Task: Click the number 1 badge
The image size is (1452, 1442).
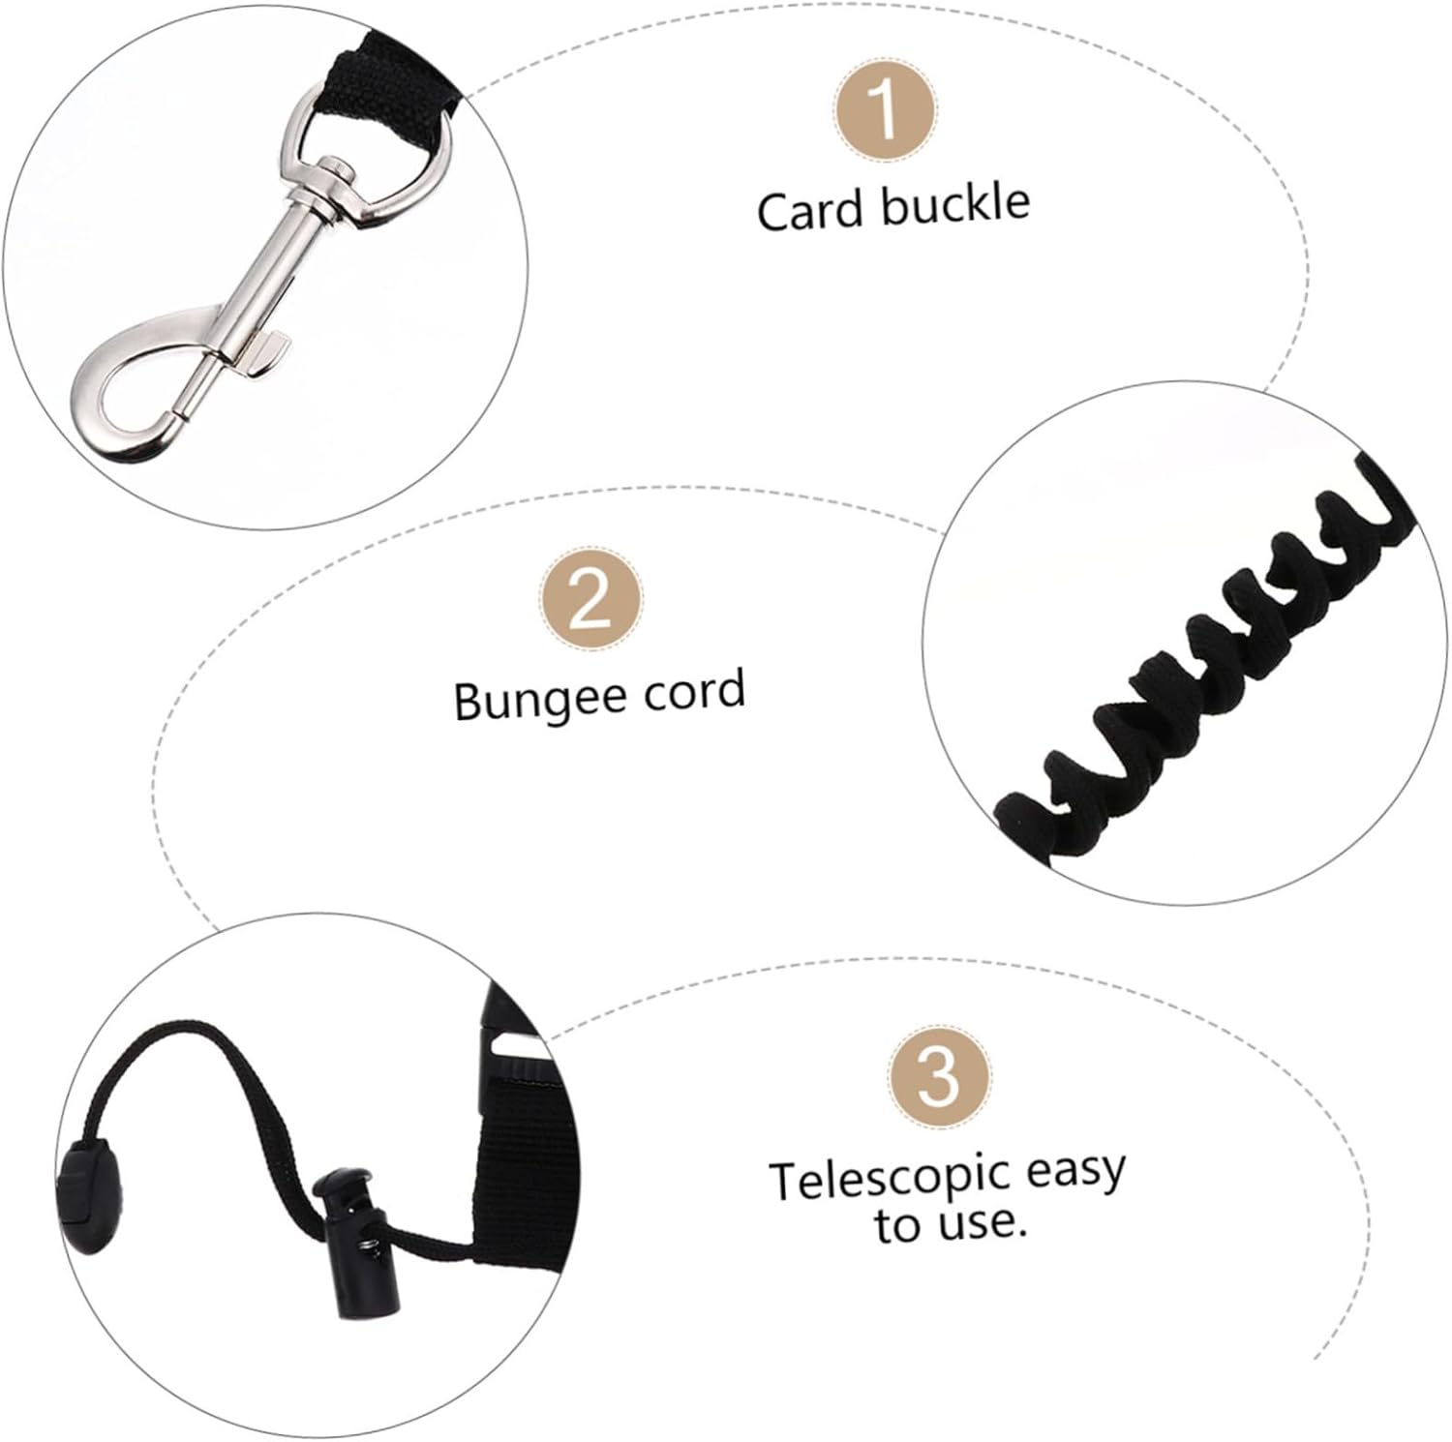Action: [885, 113]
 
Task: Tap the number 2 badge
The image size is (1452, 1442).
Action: [590, 601]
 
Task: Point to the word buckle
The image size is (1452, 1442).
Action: [953, 204]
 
